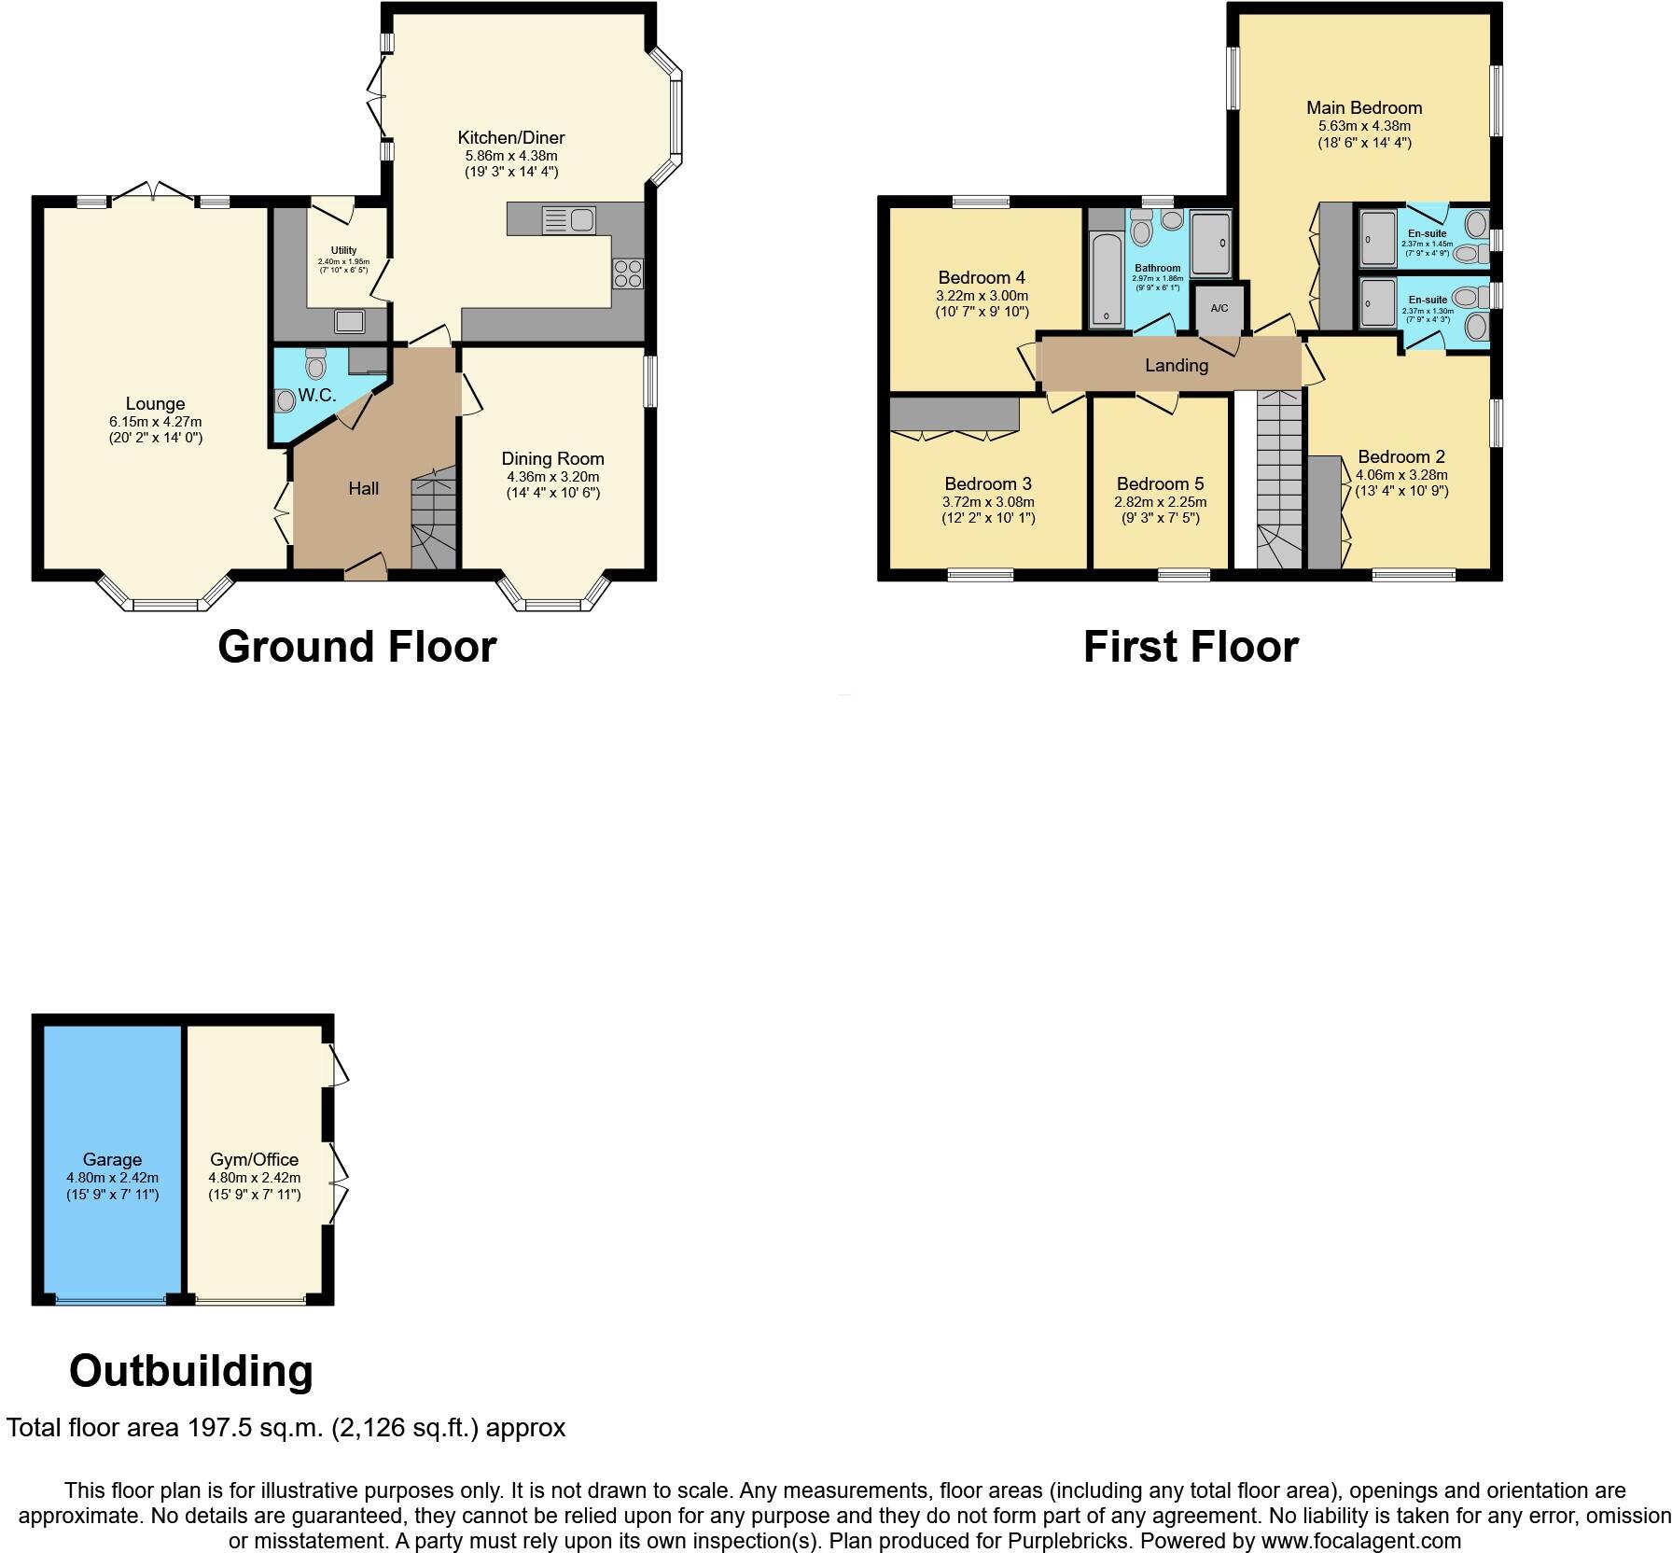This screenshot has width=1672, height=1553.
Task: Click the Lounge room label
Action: click(x=155, y=404)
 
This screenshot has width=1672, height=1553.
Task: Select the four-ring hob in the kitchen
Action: click(x=627, y=273)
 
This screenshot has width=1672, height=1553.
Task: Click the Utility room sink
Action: click(x=351, y=321)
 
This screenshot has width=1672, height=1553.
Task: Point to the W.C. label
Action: click(x=317, y=396)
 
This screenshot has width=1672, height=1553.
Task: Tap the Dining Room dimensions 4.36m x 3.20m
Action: click(x=552, y=476)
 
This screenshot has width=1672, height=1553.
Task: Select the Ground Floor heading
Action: click(x=356, y=647)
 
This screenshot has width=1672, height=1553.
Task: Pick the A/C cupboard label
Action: click(x=1219, y=309)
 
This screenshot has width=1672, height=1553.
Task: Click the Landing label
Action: click(x=1176, y=366)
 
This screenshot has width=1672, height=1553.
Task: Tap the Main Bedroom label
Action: click(x=1363, y=108)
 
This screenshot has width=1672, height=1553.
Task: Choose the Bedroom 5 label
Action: click(x=1160, y=483)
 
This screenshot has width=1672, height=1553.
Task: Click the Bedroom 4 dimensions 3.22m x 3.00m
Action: click(x=982, y=295)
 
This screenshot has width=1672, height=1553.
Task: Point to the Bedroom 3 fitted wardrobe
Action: click(x=954, y=414)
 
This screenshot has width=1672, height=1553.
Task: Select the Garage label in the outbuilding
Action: click(x=112, y=1159)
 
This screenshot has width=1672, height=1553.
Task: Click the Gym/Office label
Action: click(x=254, y=1159)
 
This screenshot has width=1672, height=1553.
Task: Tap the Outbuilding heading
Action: click(x=191, y=1371)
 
